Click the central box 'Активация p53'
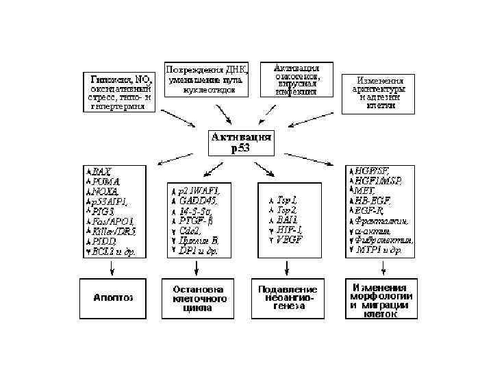(x=240, y=143)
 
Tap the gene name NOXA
(x=106, y=192)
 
